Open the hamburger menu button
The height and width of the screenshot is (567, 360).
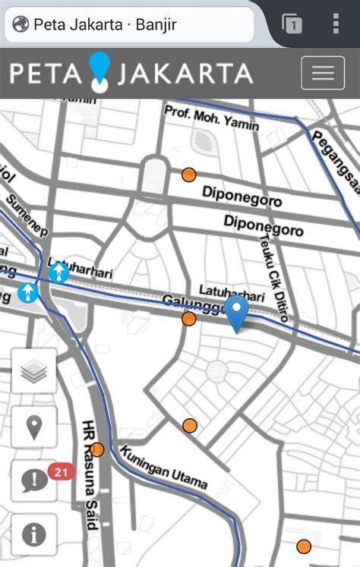click(323, 74)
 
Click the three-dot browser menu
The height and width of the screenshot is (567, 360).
click(336, 24)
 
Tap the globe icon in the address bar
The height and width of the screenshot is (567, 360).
click(21, 25)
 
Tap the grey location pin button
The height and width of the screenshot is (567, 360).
click(34, 427)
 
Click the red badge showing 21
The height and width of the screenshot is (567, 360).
click(62, 472)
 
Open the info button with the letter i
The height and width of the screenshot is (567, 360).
click(34, 534)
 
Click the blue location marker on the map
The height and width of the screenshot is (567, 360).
click(238, 314)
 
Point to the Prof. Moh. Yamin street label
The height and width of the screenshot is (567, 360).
click(212, 118)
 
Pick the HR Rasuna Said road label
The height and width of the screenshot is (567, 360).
click(90, 475)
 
